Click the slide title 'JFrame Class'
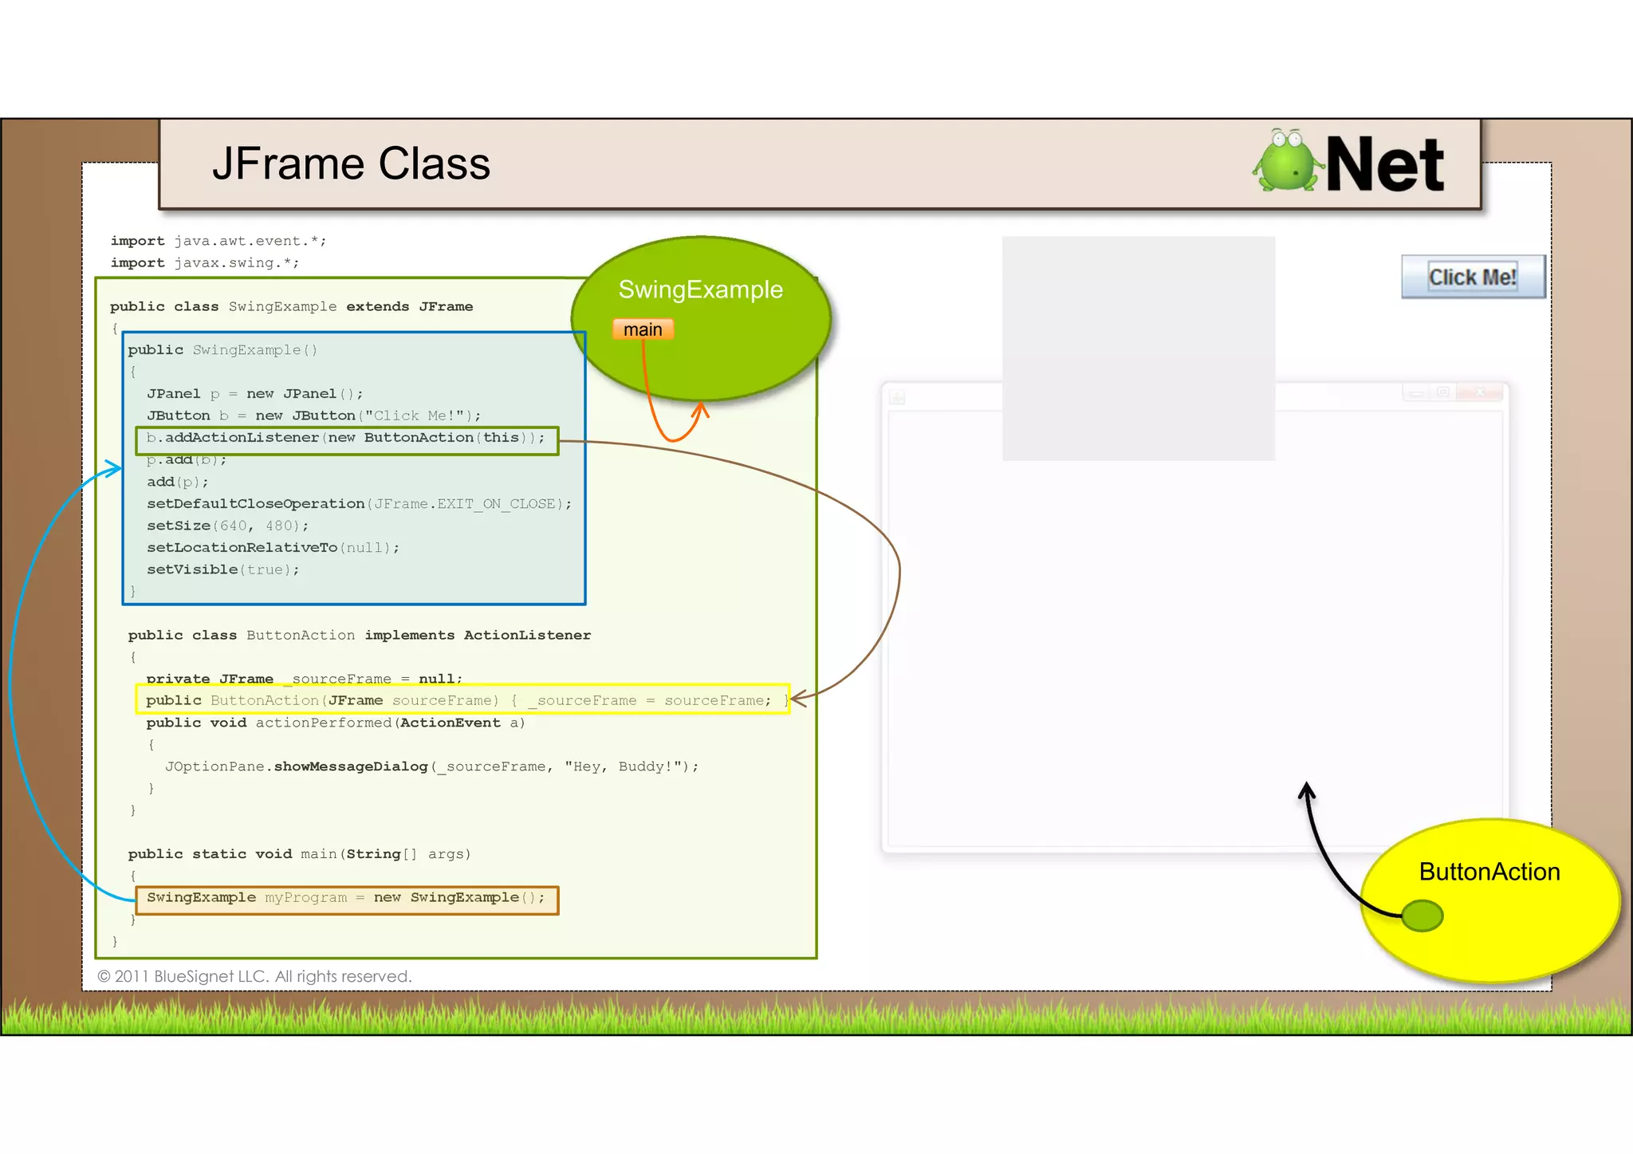tap(351, 164)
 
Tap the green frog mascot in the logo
tap(1285, 162)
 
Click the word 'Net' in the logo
tap(1384, 165)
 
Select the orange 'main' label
tap(643, 329)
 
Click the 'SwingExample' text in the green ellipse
tap(700, 289)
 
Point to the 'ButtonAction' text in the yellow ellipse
tap(1489, 872)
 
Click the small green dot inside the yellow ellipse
tap(1422, 916)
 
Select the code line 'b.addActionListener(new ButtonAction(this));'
tap(346, 438)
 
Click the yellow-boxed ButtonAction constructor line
tap(461, 700)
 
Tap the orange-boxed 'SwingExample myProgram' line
tap(346, 898)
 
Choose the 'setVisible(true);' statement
tap(222, 569)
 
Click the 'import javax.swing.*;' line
tap(205, 263)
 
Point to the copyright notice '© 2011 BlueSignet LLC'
tap(254, 976)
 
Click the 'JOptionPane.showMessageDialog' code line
tap(431, 766)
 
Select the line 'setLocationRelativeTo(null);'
tap(273, 548)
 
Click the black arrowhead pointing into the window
tap(1305, 790)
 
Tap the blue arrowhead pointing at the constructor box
tap(115, 468)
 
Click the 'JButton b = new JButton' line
tap(313, 416)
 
